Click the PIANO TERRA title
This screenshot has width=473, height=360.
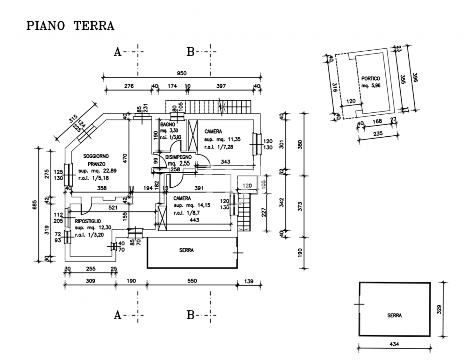(x=70, y=26)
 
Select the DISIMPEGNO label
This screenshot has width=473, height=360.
(x=181, y=157)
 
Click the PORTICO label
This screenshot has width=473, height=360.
(x=371, y=78)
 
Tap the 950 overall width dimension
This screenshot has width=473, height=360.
(x=181, y=73)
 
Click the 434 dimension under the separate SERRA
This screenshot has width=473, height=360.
(x=395, y=344)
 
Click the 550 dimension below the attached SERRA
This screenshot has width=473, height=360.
(x=191, y=281)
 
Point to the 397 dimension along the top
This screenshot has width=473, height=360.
(x=221, y=86)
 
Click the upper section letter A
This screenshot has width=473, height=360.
(x=118, y=52)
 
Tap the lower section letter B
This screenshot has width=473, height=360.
(x=190, y=315)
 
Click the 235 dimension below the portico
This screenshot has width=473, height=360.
(x=378, y=133)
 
